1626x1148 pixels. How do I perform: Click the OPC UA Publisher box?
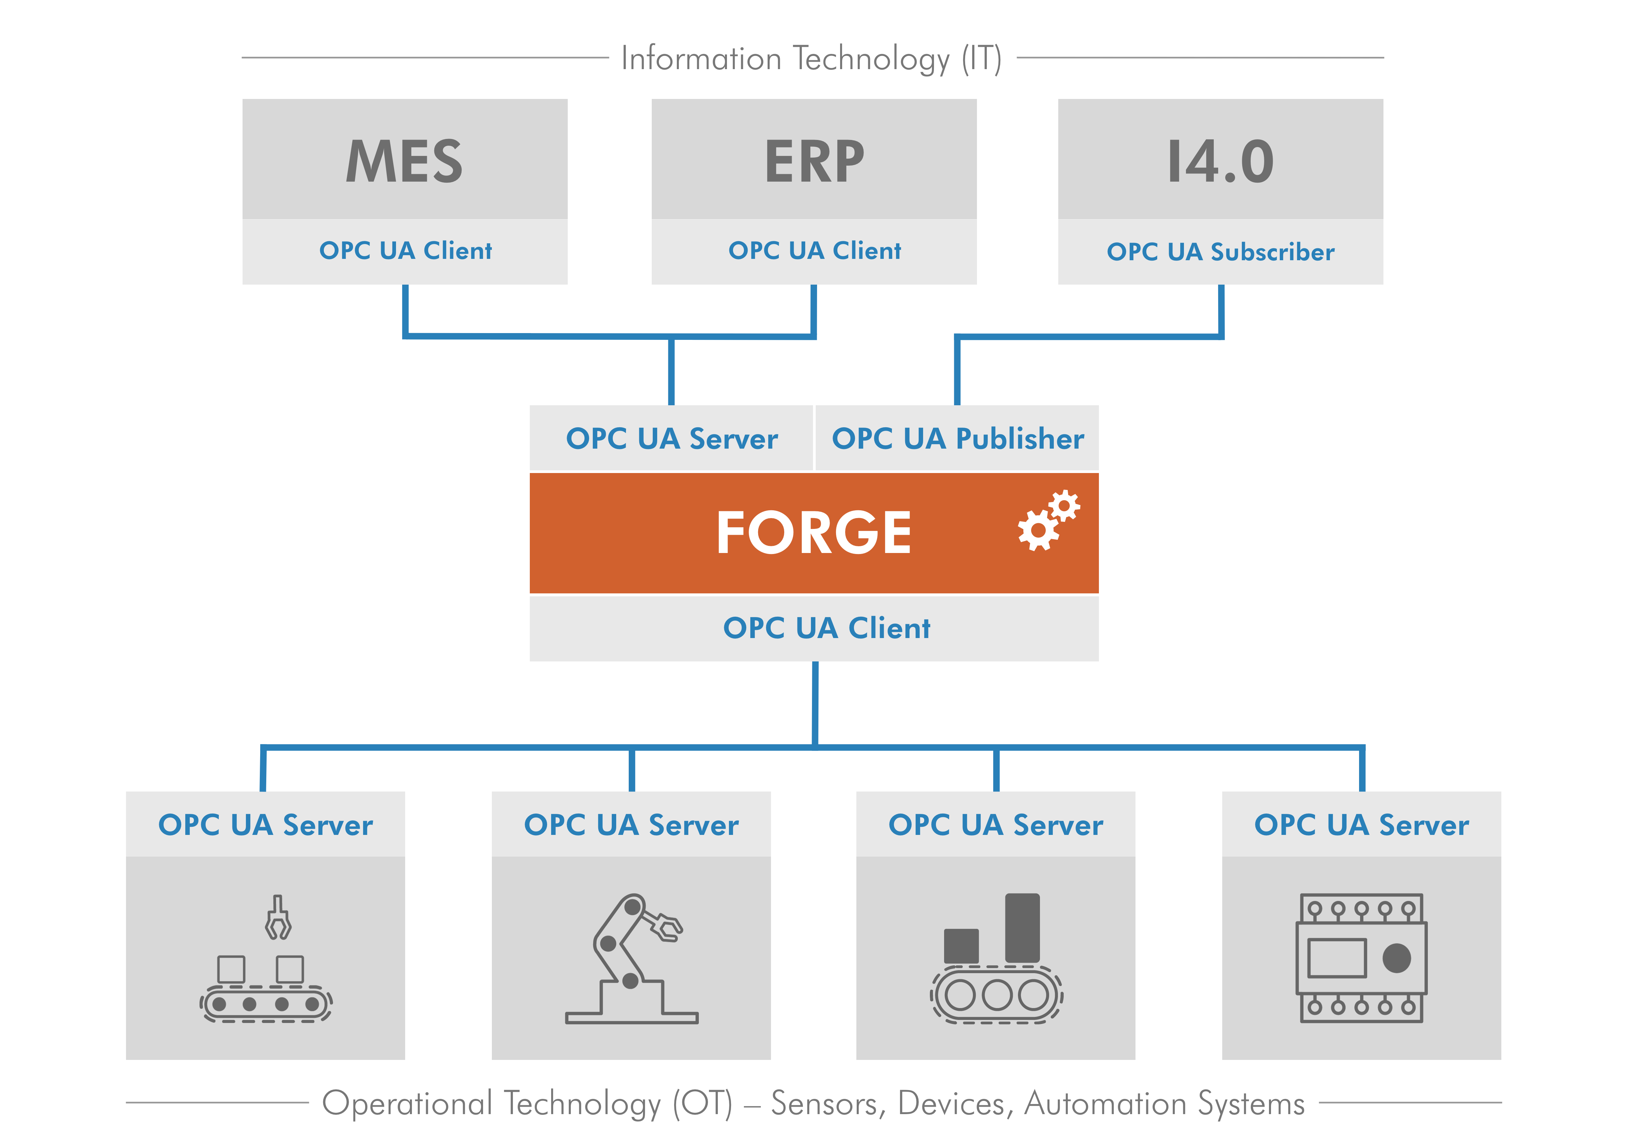(x=957, y=438)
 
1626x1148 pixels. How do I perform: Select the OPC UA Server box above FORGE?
(x=671, y=438)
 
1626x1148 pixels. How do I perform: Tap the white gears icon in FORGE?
(x=1048, y=520)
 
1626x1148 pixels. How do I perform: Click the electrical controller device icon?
(x=1360, y=958)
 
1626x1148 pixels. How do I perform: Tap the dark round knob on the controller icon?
(x=1396, y=958)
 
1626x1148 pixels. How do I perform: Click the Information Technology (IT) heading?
(x=811, y=58)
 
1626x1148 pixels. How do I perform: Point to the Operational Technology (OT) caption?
(x=813, y=1103)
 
